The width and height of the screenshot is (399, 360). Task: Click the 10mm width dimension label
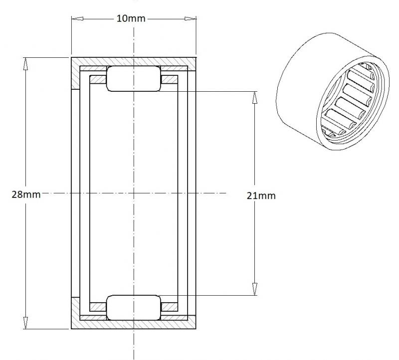pyautogui.click(x=131, y=18)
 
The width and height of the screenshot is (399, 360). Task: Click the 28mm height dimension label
pyautogui.click(x=26, y=194)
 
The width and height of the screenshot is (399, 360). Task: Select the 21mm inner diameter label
pyautogui.click(x=261, y=195)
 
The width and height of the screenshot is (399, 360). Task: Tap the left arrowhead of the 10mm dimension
pyautogui.click(x=77, y=18)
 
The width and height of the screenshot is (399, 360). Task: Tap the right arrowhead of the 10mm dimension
pyautogui.click(x=191, y=18)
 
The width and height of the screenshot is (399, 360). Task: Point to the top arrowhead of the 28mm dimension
pyautogui.click(x=25, y=64)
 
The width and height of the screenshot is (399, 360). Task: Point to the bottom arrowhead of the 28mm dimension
pyautogui.click(x=25, y=323)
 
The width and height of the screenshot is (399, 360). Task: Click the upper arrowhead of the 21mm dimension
pyautogui.click(x=255, y=97)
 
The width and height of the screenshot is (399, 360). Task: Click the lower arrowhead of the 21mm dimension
pyautogui.click(x=255, y=289)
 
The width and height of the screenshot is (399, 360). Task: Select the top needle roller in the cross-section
pyautogui.click(x=134, y=79)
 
